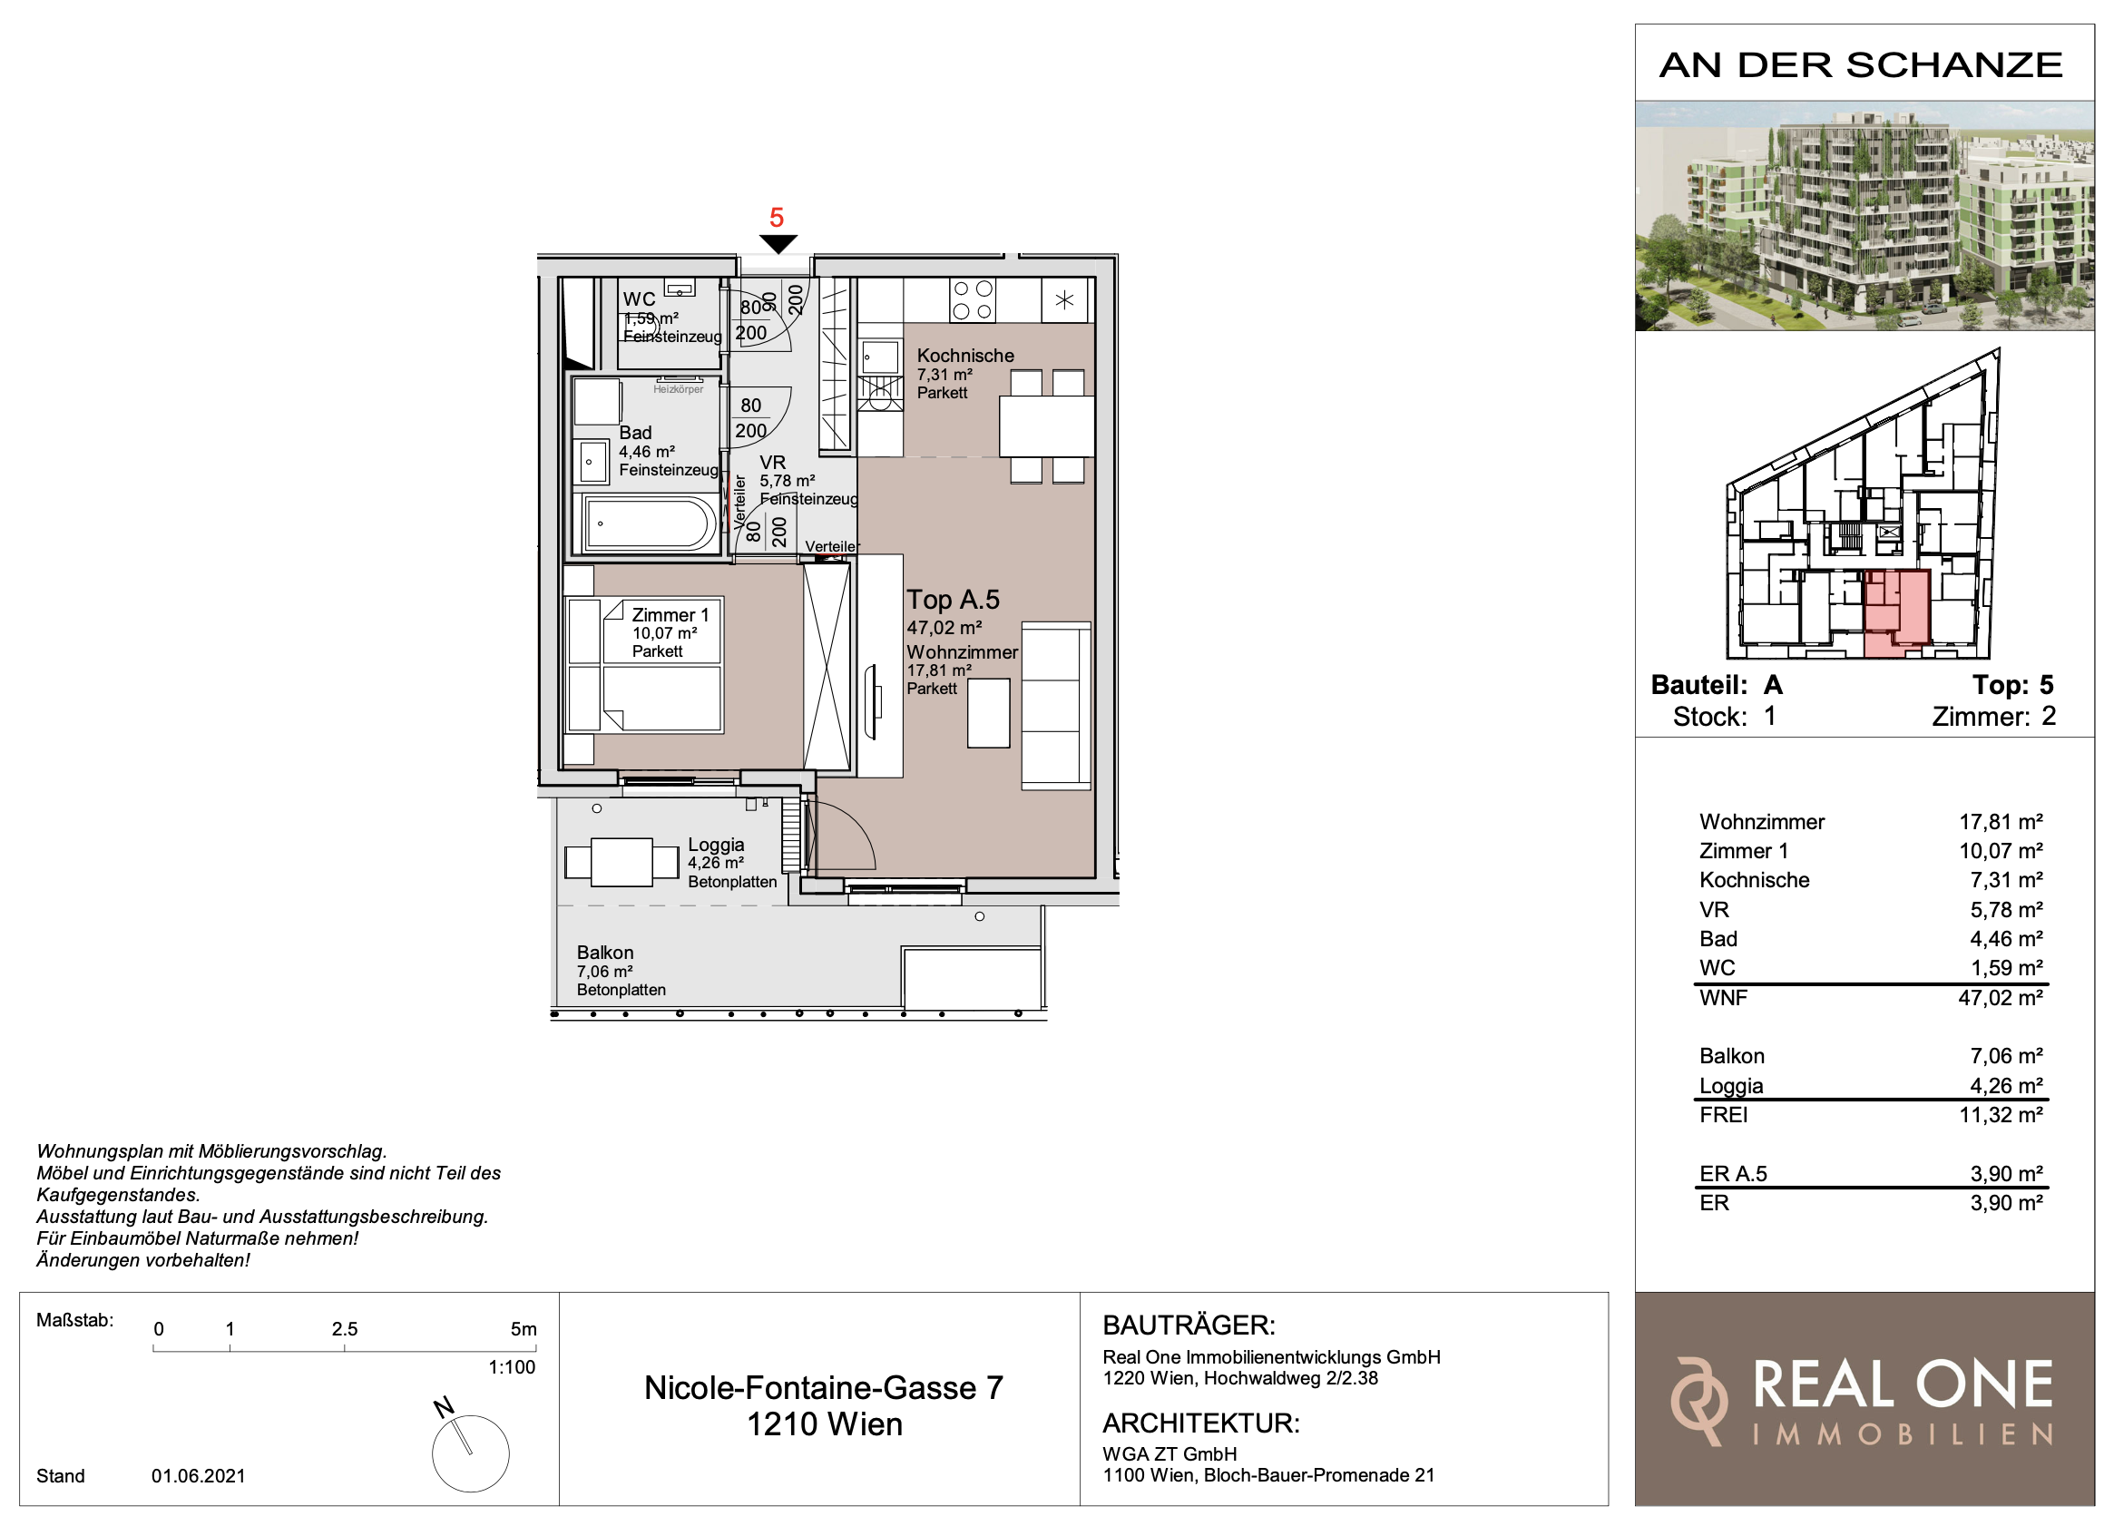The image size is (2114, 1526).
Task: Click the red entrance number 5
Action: (777, 217)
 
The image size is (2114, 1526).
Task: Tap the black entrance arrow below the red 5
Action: (778, 244)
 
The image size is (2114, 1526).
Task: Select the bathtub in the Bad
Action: (651, 523)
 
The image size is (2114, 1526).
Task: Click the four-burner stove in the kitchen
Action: (973, 300)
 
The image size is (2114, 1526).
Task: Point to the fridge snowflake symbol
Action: (1064, 300)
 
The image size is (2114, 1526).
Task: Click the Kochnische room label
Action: (964, 355)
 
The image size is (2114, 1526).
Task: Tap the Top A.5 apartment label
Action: (953, 600)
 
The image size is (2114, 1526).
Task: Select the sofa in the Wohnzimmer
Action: (1056, 706)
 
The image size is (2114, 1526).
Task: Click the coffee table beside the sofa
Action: (988, 713)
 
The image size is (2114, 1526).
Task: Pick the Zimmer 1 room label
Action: (670, 615)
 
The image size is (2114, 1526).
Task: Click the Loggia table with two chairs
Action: (621, 862)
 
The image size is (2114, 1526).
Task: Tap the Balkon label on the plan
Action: (605, 953)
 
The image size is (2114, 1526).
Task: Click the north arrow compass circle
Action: (471, 1453)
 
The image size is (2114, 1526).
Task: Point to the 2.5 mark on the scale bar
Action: (345, 1329)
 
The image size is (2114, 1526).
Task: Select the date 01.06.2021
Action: (199, 1476)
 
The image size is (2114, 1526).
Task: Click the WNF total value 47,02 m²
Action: (2001, 997)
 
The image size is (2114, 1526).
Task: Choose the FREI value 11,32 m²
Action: (2001, 1115)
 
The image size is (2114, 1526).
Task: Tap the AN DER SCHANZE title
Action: (1861, 65)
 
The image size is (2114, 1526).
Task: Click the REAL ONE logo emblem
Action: (1698, 1401)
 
